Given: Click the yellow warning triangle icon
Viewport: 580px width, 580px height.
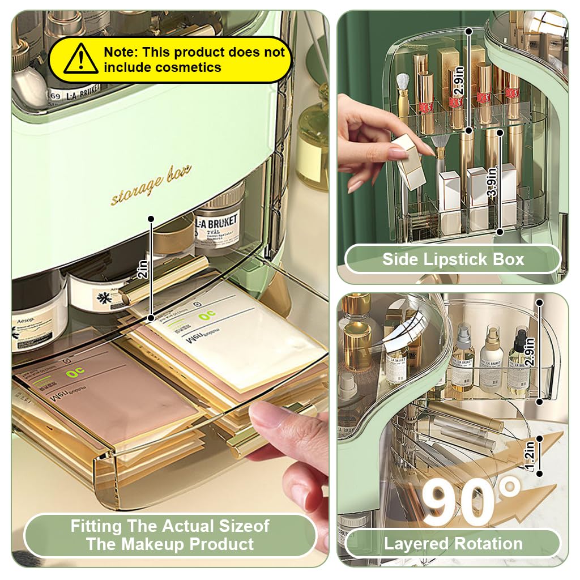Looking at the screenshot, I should (80, 59).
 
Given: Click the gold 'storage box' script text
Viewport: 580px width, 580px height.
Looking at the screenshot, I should (151, 185).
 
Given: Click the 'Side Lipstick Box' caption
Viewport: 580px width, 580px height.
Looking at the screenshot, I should (453, 259).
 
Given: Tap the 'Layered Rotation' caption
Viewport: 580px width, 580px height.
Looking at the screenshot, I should (453, 544).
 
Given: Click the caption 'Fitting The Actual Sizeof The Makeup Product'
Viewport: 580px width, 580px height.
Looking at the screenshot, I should (169, 535).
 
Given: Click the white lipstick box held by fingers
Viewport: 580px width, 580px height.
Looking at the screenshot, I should (411, 162).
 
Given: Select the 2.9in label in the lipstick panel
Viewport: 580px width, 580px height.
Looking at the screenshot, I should (459, 81).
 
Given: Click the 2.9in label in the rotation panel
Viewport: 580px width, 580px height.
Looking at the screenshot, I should (531, 353).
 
